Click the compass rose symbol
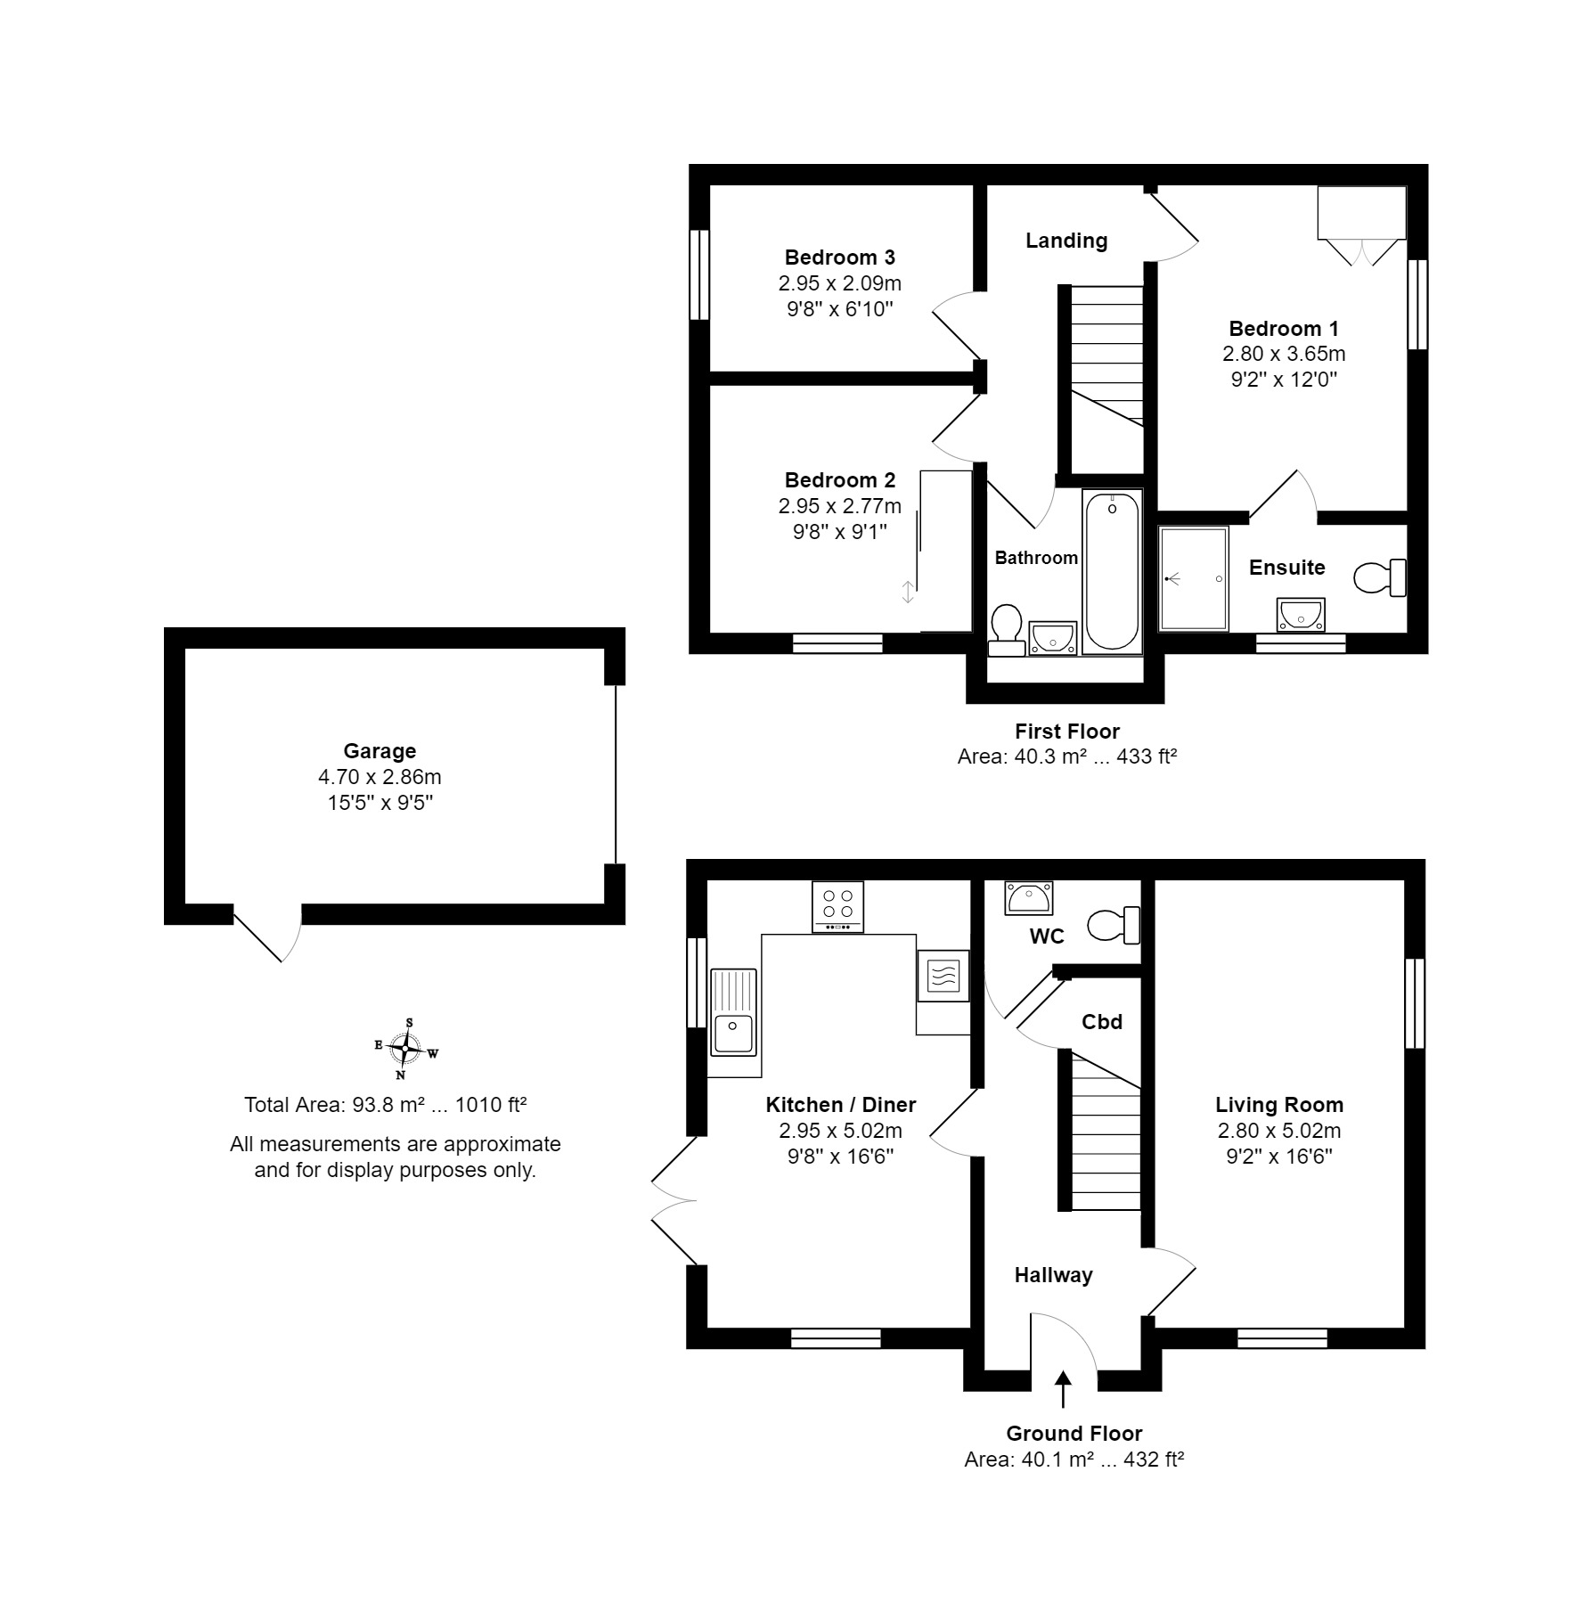click(x=406, y=1049)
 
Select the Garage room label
click(x=380, y=751)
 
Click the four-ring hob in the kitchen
click(x=838, y=906)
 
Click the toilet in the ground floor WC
click(x=1114, y=925)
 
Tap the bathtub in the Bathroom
click(x=1112, y=572)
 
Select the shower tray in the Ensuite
click(x=1194, y=579)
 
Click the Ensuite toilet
click(x=1380, y=577)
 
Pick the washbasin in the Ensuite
click(x=1301, y=616)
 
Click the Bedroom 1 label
click(x=1284, y=328)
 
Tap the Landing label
click(x=1066, y=241)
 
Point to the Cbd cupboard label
click(x=1102, y=1022)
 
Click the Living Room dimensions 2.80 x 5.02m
click(x=1279, y=1131)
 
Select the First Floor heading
click(x=1067, y=732)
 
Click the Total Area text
click(x=386, y=1105)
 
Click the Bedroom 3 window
click(x=699, y=274)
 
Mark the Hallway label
click(x=1053, y=1275)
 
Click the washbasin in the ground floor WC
click(x=1029, y=898)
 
